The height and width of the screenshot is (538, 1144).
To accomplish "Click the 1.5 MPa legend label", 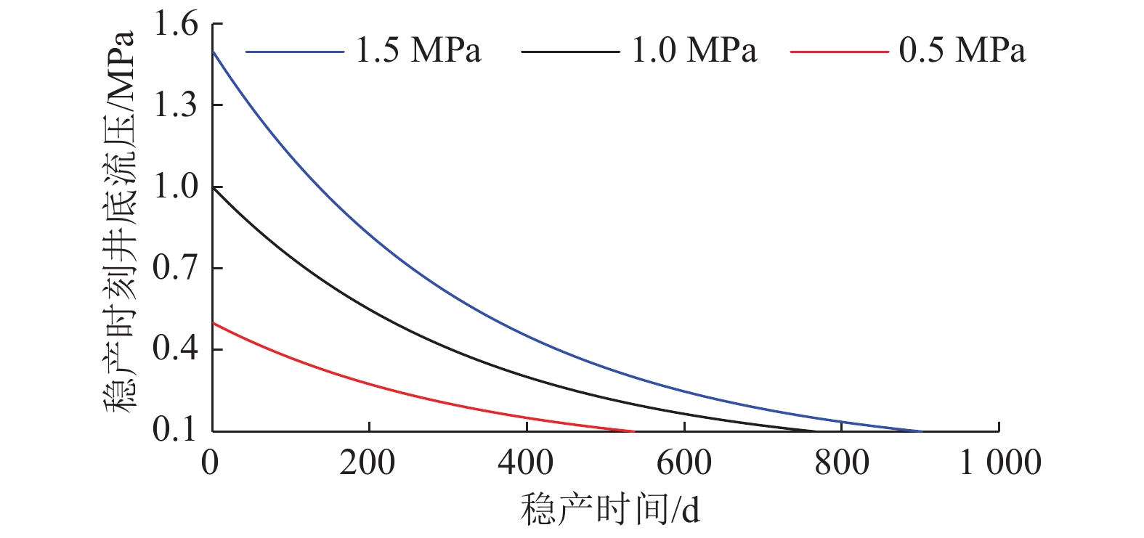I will point(418,51).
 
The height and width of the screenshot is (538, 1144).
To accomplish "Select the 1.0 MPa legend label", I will point(694,51).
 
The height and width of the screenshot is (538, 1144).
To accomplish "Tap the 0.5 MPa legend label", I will point(962,51).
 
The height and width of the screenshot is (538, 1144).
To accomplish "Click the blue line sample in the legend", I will point(295,52).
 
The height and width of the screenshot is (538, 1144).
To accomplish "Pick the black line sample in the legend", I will point(570,52).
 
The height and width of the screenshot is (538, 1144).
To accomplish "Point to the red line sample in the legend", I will point(839,52).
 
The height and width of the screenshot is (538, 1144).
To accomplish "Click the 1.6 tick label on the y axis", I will point(175,25).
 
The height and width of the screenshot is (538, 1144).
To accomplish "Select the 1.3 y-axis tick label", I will point(175,106).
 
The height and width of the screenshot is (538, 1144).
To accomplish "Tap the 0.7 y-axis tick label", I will point(175,269).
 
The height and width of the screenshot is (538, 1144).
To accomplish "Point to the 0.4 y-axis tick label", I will point(175,349).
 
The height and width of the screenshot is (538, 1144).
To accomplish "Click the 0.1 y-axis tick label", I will point(175,430).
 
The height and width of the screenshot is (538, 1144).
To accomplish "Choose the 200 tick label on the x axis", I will point(368,462).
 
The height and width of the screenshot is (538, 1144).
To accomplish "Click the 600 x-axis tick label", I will point(683,462).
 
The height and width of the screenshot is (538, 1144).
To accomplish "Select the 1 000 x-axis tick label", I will point(1000,462).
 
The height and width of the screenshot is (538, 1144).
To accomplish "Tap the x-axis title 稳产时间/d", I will point(610,510).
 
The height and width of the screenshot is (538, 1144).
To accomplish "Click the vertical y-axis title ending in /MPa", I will point(120,221).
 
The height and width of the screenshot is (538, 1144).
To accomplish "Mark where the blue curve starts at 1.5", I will point(213,52).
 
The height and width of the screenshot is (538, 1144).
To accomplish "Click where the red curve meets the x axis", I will point(633,431).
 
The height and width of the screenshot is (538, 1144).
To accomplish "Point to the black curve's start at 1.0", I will point(213,187).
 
